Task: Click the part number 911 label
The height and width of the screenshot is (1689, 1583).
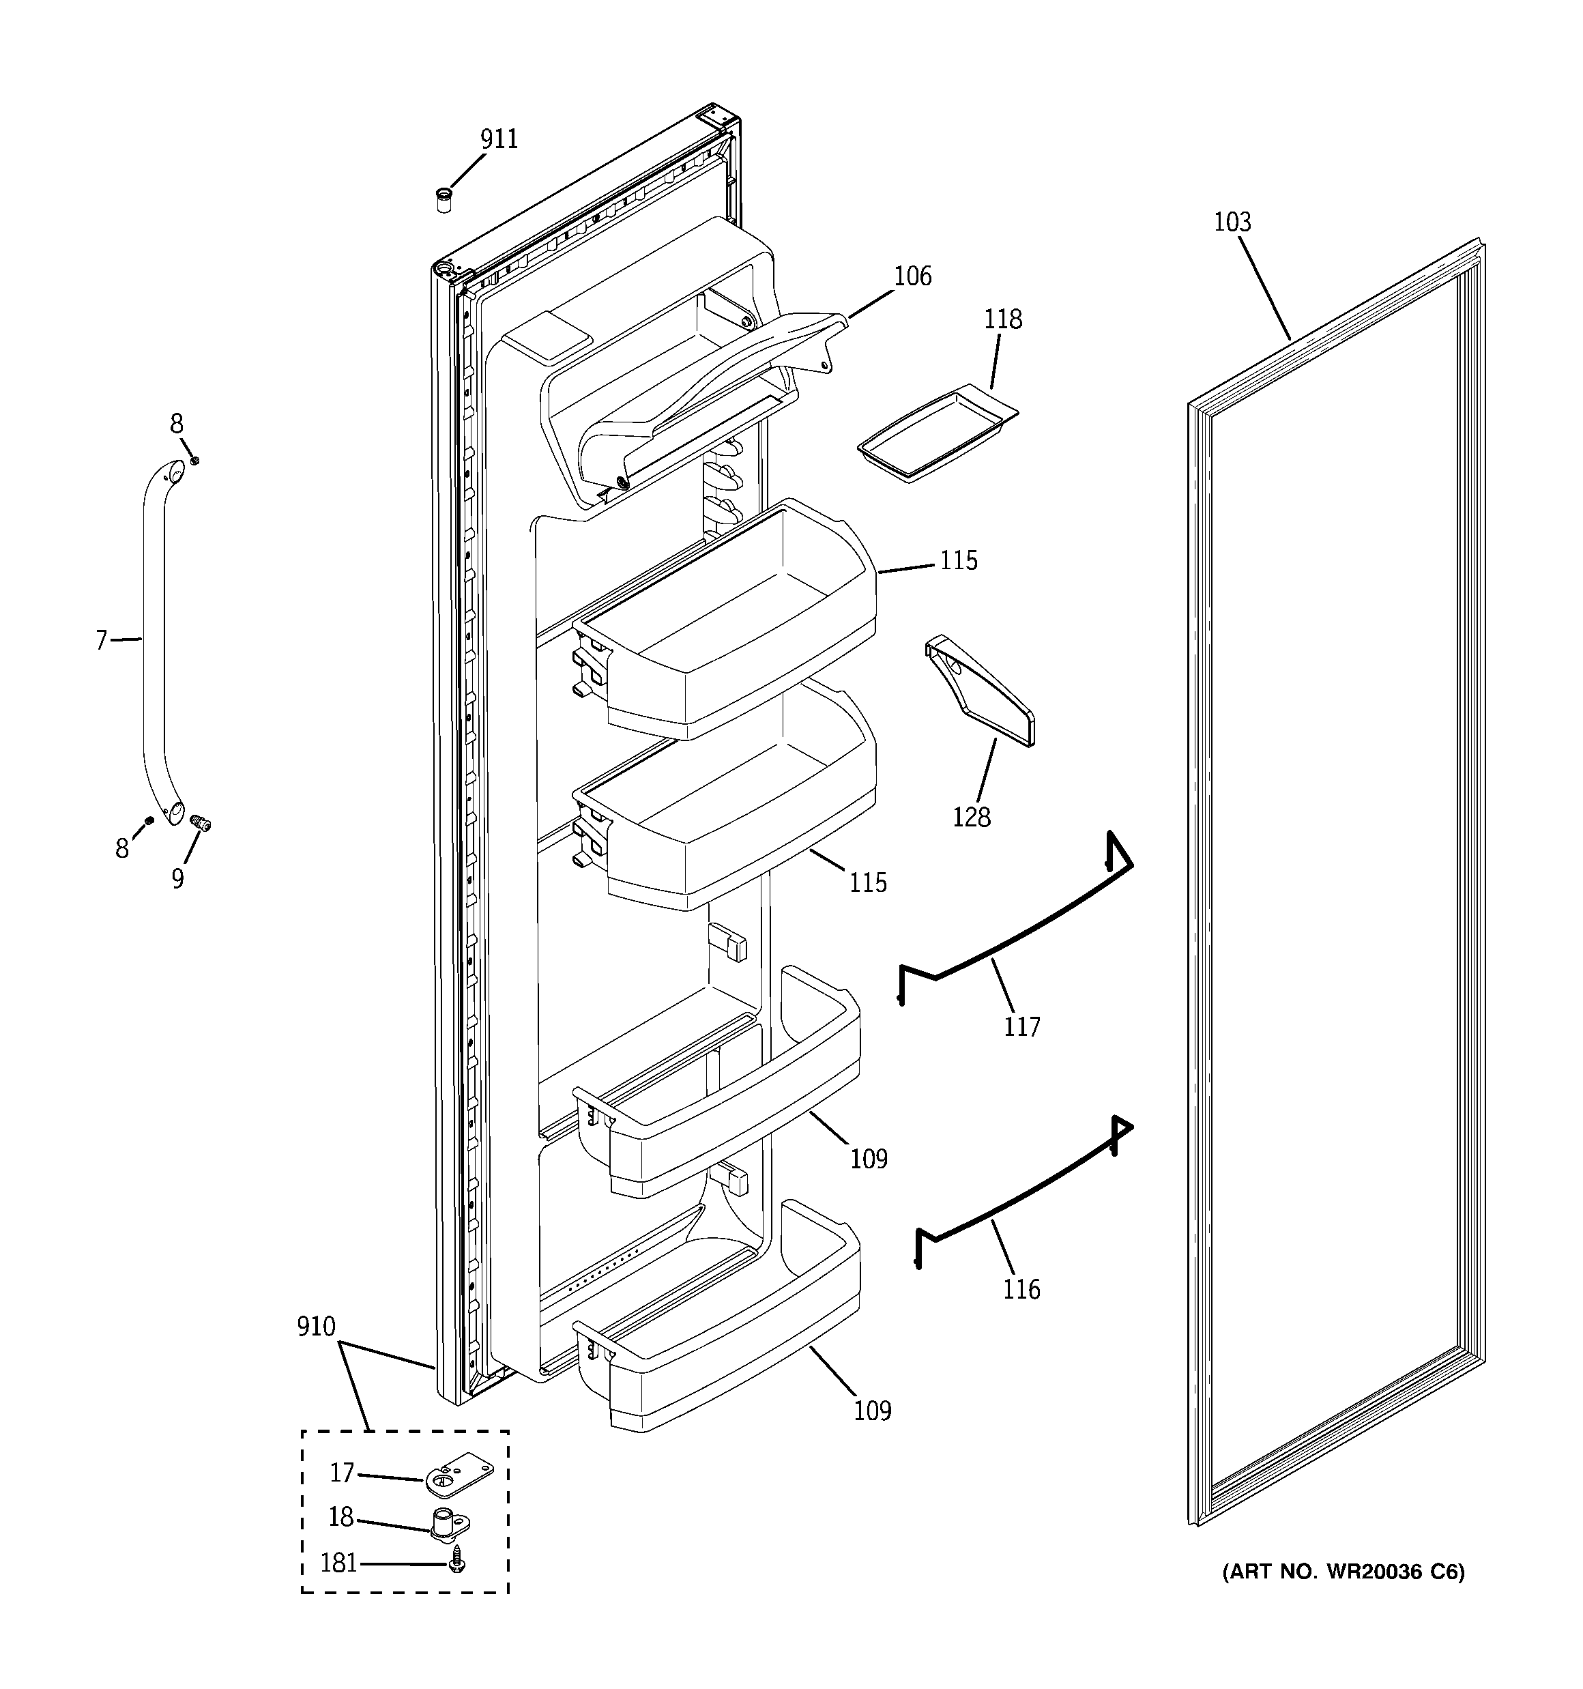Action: click(499, 139)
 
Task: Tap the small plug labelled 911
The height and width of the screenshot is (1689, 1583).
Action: click(443, 201)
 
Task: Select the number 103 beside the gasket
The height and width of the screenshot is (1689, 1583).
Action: click(1232, 222)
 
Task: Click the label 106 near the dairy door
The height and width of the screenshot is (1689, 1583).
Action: click(912, 277)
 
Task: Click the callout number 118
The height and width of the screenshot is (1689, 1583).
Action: click(1002, 320)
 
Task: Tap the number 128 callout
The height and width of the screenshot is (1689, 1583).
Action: click(971, 818)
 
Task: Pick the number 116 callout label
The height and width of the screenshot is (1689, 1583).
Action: click(1021, 1290)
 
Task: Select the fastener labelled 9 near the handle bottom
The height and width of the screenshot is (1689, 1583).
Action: click(201, 822)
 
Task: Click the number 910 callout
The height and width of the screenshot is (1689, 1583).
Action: click(316, 1326)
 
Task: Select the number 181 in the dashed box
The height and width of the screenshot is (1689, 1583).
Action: click(339, 1563)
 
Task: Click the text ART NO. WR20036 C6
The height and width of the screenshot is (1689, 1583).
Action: click(1344, 1572)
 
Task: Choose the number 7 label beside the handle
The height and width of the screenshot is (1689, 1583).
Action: click(101, 639)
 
